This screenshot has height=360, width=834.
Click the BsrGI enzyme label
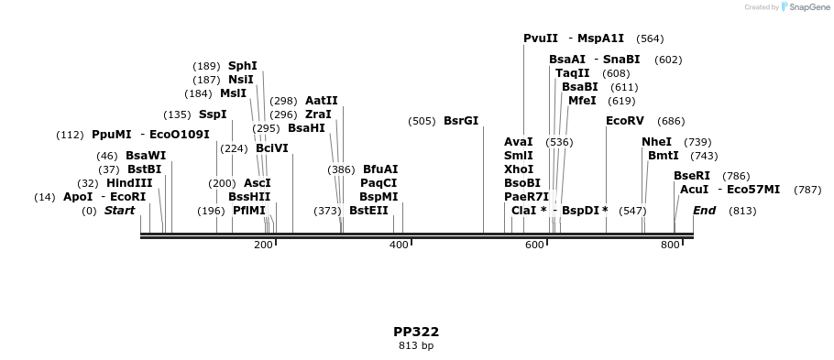tap(461, 121)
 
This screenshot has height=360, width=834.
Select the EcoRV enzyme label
tap(625, 121)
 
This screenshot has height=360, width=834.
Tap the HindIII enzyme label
tap(129, 183)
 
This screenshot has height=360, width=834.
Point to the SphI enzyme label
tap(243, 66)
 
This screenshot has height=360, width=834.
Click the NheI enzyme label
tap(656, 142)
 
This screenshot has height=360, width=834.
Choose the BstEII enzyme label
tap(368, 211)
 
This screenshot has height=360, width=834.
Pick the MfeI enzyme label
tap(582, 101)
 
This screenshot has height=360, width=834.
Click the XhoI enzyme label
tap(519, 169)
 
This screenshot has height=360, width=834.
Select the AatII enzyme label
tap(322, 101)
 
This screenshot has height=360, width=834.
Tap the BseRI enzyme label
tap(692, 176)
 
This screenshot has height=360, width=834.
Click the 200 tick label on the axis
tap(263, 245)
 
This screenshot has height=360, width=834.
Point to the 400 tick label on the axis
tap(399, 245)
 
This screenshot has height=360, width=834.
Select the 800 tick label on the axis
tap(670, 245)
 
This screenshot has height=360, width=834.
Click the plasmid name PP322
tap(416, 332)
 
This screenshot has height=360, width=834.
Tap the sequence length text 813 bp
tap(416, 346)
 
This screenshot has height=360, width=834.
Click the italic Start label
tap(119, 211)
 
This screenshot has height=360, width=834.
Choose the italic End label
tap(704, 211)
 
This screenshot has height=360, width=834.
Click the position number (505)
tap(422, 121)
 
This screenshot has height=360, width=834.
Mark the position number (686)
tap(671, 121)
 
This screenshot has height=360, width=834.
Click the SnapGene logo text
tap(805, 7)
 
